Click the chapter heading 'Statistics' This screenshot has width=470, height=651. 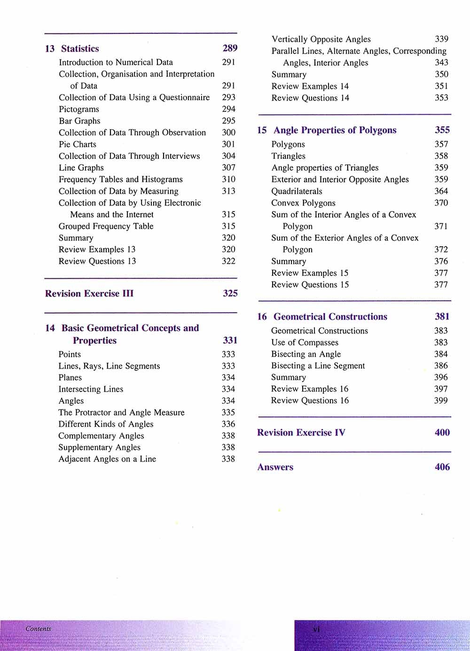point(80,49)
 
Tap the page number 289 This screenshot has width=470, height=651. point(230,48)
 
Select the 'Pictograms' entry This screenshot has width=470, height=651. point(79,109)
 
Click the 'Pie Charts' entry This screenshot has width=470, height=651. point(78,144)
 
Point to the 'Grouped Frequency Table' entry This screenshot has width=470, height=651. point(106,226)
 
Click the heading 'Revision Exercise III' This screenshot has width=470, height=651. point(89,294)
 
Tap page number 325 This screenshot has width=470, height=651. point(230,293)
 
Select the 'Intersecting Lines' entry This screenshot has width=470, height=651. point(91,389)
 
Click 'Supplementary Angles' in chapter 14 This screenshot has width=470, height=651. point(100,447)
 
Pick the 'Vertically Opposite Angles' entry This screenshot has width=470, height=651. point(321,39)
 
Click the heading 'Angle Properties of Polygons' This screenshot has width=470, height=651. point(335,130)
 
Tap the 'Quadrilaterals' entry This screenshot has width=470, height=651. point(297,191)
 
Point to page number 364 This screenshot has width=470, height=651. point(441,191)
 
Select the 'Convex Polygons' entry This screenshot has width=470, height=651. point(303,203)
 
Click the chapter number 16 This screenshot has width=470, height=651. point(262,317)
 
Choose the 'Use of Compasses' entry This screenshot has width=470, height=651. point(305,343)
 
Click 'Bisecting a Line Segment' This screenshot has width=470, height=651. point(318,366)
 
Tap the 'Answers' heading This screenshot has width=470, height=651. point(275,467)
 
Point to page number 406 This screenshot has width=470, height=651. point(442,467)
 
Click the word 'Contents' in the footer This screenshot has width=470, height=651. point(39,629)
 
